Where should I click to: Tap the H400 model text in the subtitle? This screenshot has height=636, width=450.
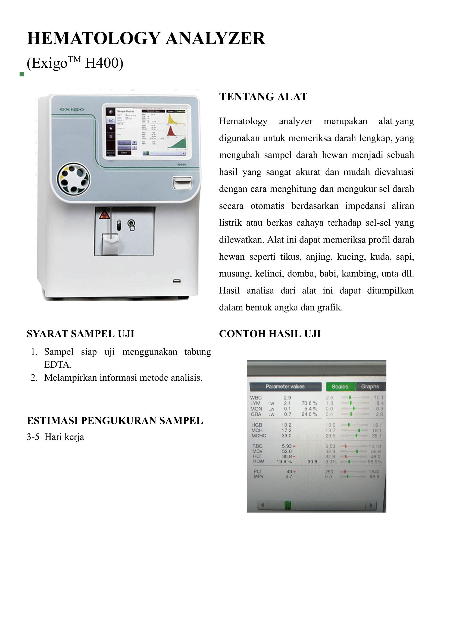[104, 63]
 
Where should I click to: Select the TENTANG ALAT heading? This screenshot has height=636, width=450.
[263, 97]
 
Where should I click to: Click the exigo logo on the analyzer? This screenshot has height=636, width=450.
[72, 109]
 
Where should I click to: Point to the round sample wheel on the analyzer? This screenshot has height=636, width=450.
[73, 179]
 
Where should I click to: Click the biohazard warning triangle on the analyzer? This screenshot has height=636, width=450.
[104, 214]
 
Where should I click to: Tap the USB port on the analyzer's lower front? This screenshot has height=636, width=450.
[177, 281]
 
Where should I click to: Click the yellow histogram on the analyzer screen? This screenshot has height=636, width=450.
[175, 118]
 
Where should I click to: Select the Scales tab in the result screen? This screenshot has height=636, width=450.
[340, 386]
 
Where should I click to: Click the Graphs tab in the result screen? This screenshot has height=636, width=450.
[370, 386]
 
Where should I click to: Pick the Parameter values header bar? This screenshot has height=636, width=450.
[285, 386]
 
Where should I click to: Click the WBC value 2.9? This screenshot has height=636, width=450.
[287, 398]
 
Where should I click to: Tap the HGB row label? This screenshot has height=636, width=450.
[257, 425]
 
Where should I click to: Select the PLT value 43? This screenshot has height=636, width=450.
[289, 471]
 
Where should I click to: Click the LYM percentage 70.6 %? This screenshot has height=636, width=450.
[309, 403]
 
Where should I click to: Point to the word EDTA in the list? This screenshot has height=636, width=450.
[58, 365]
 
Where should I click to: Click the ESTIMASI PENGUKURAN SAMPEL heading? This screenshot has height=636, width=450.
[115, 421]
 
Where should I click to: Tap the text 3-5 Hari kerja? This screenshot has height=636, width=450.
[55, 437]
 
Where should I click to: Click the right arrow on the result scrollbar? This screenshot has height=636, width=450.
[371, 505]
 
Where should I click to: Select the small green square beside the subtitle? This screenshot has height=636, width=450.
[22, 74]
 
